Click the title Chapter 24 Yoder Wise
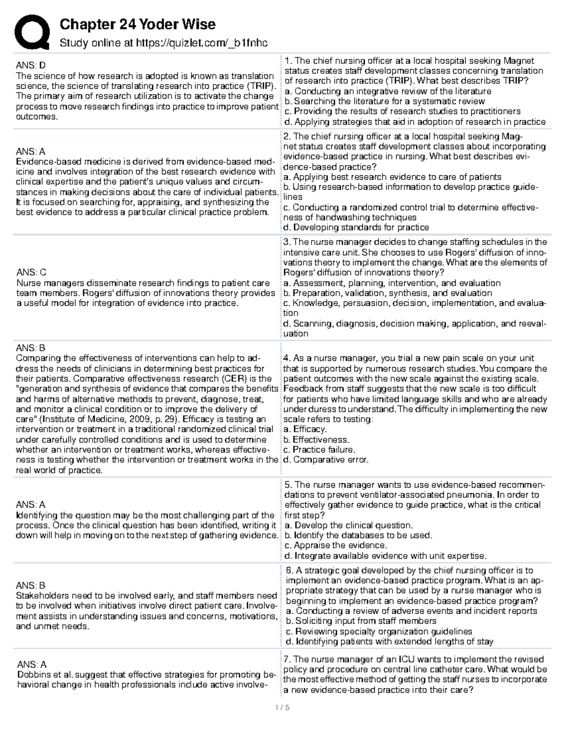(137, 24)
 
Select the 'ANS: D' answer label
(31, 65)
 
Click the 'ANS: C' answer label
(31, 272)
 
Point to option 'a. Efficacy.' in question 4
(305, 429)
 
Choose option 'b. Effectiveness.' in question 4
(316, 440)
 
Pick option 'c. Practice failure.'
(319, 450)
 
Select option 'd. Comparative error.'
(326, 460)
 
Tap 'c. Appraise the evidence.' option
(336, 545)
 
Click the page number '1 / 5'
(282, 707)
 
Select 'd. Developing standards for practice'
(356, 228)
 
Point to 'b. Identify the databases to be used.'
(358, 535)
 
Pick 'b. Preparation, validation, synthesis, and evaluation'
(388, 293)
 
